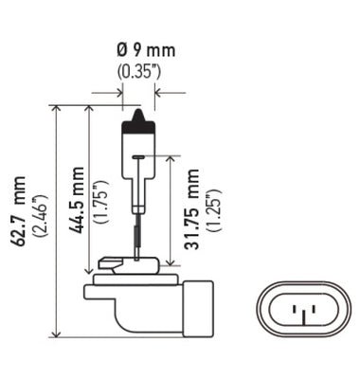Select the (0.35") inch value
(138, 70)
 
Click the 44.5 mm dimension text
(78, 199)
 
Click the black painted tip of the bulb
(138, 120)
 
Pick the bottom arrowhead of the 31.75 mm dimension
(170, 269)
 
